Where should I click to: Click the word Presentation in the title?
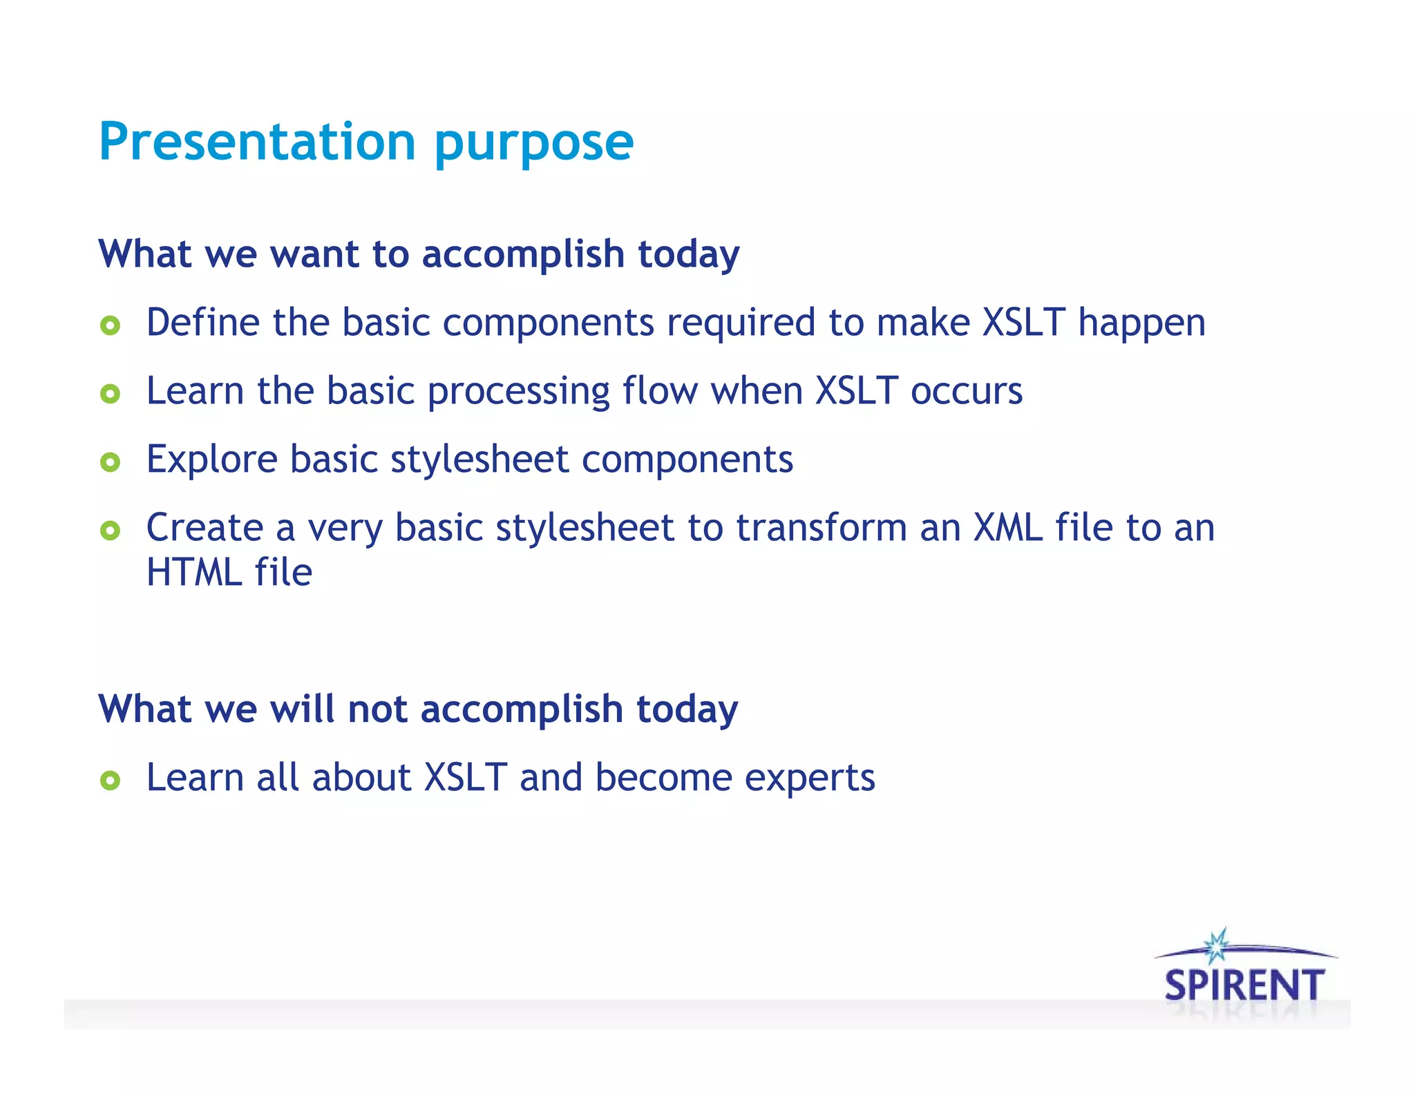click(x=256, y=142)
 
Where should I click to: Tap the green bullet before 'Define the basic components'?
click(x=110, y=325)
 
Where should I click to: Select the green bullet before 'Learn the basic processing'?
click(x=110, y=393)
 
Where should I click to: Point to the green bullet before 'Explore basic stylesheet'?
click(x=110, y=462)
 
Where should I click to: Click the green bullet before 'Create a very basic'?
click(x=110, y=530)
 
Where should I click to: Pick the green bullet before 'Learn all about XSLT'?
click(x=110, y=780)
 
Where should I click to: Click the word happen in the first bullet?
click(x=1141, y=323)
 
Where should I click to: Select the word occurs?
click(x=966, y=392)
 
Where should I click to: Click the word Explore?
click(x=211, y=460)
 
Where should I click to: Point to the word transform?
click(x=821, y=528)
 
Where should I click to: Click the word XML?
click(x=1007, y=528)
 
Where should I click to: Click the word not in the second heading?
click(x=377, y=710)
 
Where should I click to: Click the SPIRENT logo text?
click(x=1244, y=985)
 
